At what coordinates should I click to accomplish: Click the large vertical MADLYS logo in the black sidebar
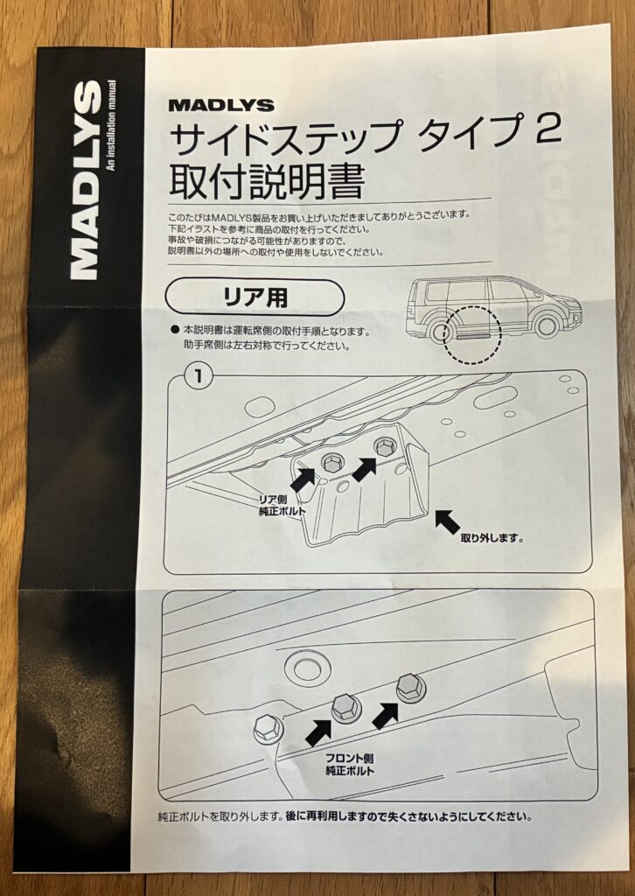pos(85,179)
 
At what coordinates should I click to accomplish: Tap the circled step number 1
pos(199,377)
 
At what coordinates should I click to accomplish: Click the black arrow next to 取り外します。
pos(448,521)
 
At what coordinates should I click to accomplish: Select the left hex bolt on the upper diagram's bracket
pos(333,461)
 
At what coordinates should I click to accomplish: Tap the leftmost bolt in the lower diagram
pos(266,726)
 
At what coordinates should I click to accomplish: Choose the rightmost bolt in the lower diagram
pos(410,687)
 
